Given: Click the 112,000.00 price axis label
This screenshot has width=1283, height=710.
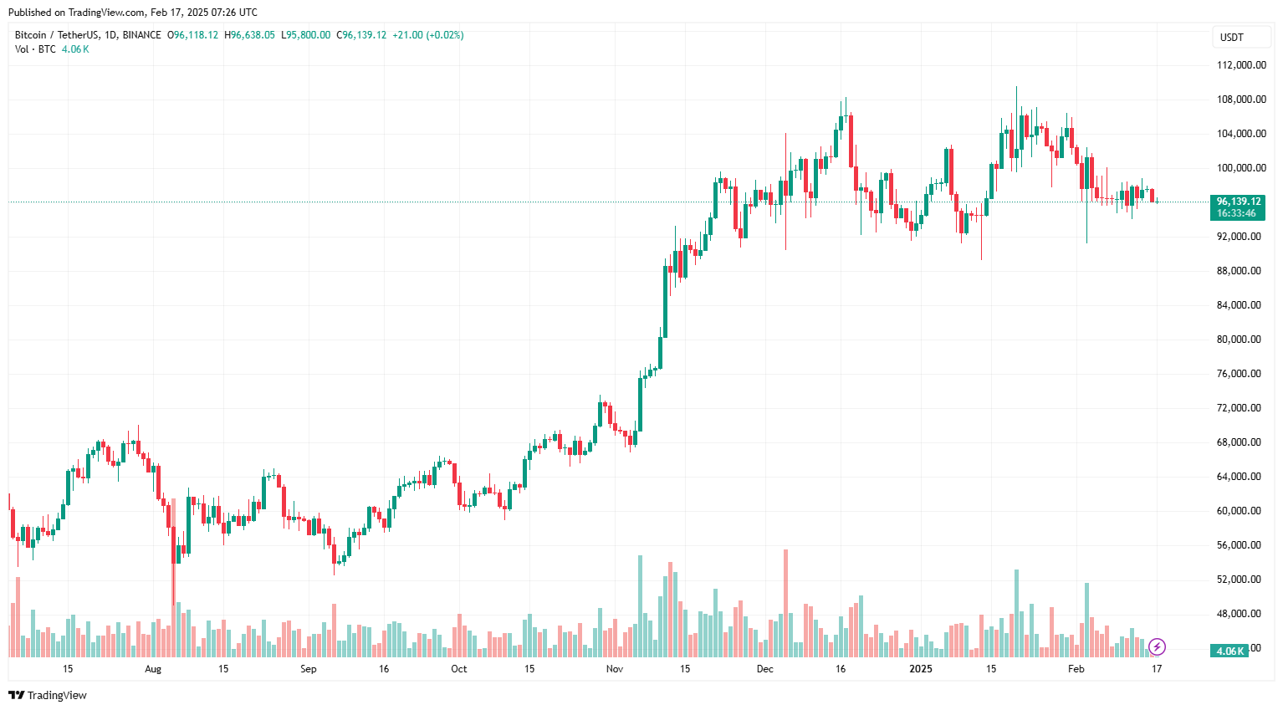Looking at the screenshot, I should point(1240,65).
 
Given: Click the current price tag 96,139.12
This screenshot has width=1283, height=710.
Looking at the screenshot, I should point(1238,202).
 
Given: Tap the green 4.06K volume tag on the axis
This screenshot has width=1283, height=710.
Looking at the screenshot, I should point(1229,651).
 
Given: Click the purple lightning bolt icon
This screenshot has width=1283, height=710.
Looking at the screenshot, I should point(1157,646).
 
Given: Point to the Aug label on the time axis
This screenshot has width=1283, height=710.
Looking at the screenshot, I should point(152,669).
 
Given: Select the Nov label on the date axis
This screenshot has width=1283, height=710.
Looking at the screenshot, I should point(615,669).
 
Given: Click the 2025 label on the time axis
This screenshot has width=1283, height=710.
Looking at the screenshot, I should point(920,669).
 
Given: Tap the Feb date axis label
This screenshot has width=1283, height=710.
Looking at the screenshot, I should point(1076,669).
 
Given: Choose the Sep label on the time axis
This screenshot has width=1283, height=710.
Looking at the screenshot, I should point(309,669).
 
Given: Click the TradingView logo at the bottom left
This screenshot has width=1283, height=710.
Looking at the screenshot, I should point(48,695).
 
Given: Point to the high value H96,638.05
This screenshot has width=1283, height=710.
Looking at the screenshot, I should point(249,35).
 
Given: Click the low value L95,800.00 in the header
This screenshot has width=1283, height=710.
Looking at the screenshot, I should point(305,35).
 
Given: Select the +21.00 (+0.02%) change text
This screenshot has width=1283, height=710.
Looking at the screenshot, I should point(427,35).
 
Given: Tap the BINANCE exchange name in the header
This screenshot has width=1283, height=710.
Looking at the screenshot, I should point(141,35).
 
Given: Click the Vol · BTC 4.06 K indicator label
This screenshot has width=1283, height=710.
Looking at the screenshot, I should point(52,49).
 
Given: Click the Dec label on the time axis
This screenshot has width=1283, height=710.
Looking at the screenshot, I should point(764,669).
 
